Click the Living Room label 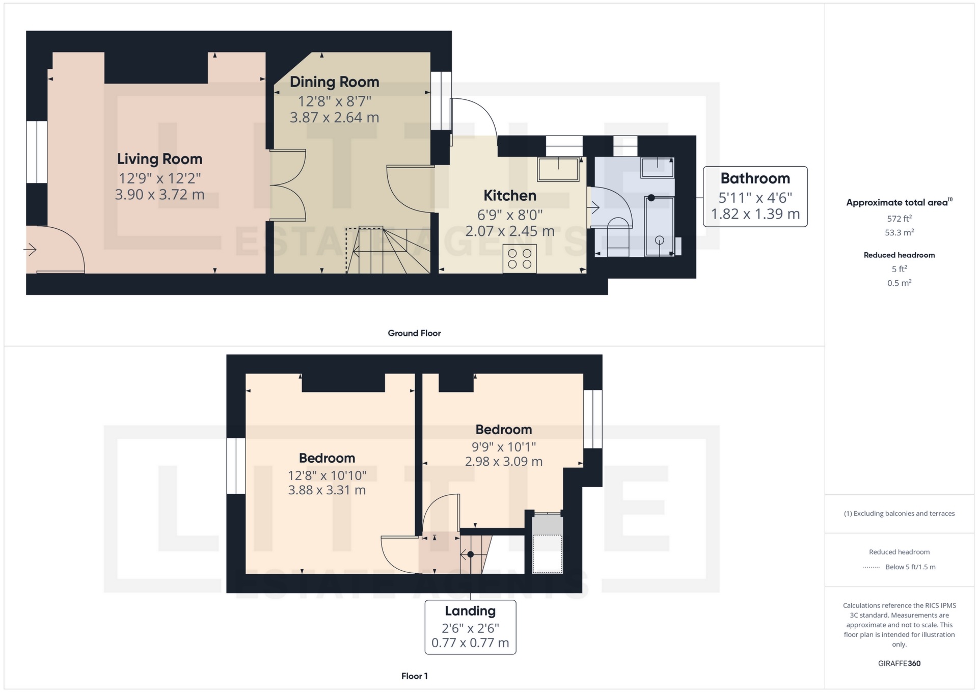coord(159,159)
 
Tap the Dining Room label coord(334,82)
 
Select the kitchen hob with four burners coord(520,259)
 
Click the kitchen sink coord(558,169)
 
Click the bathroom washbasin coord(658,167)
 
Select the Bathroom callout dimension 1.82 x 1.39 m coord(755,214)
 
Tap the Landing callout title coord(470,611)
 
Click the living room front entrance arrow coord(30,250)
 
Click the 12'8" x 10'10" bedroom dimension coord(327,475)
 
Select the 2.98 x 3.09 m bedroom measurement coord(503,462)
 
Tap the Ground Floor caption coord(414,333)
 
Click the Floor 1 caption coord(414,676)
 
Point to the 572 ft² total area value coord(899,219)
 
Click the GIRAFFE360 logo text coord(899,663)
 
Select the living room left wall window coord(37,152)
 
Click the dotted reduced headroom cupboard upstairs coord(548,553)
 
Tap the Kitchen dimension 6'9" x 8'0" coord(509,215)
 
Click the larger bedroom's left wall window coord(236,466)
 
